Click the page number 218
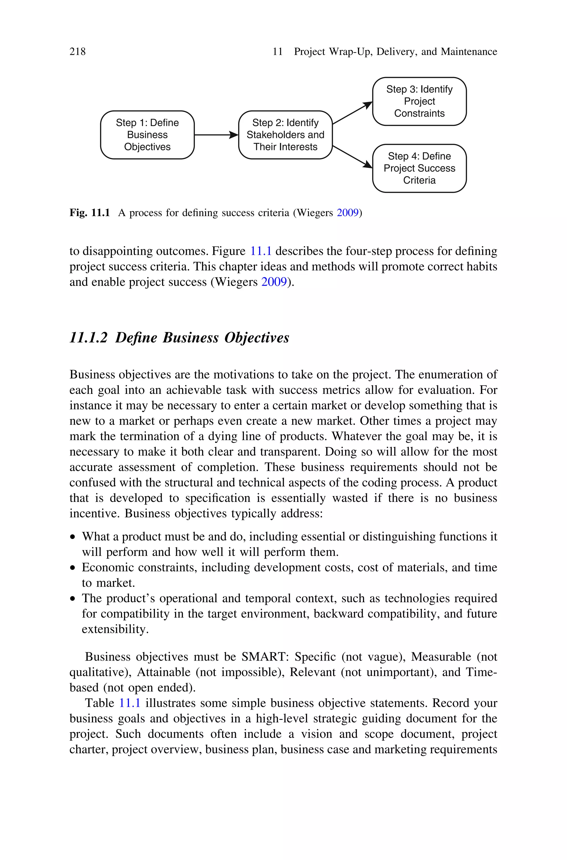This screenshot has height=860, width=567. pos(78,52)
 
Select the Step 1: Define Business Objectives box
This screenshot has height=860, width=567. pos(147,135)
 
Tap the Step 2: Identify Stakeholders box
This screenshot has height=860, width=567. pos(285,135)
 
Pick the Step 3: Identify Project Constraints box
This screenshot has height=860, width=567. pos(419,101)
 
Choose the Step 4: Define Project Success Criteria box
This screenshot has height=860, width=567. pos(419,168)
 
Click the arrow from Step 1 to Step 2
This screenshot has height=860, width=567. pos(216,135)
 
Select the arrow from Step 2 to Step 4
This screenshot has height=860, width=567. pos(352,156)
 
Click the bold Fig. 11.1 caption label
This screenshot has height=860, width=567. pos(89,213)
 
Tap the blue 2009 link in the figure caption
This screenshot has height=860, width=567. pos(347,213)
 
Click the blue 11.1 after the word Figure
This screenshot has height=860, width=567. pos(261,251)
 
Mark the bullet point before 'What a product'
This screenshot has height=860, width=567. pos(73,537)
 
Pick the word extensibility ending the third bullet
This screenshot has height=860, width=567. pos(114,629)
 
